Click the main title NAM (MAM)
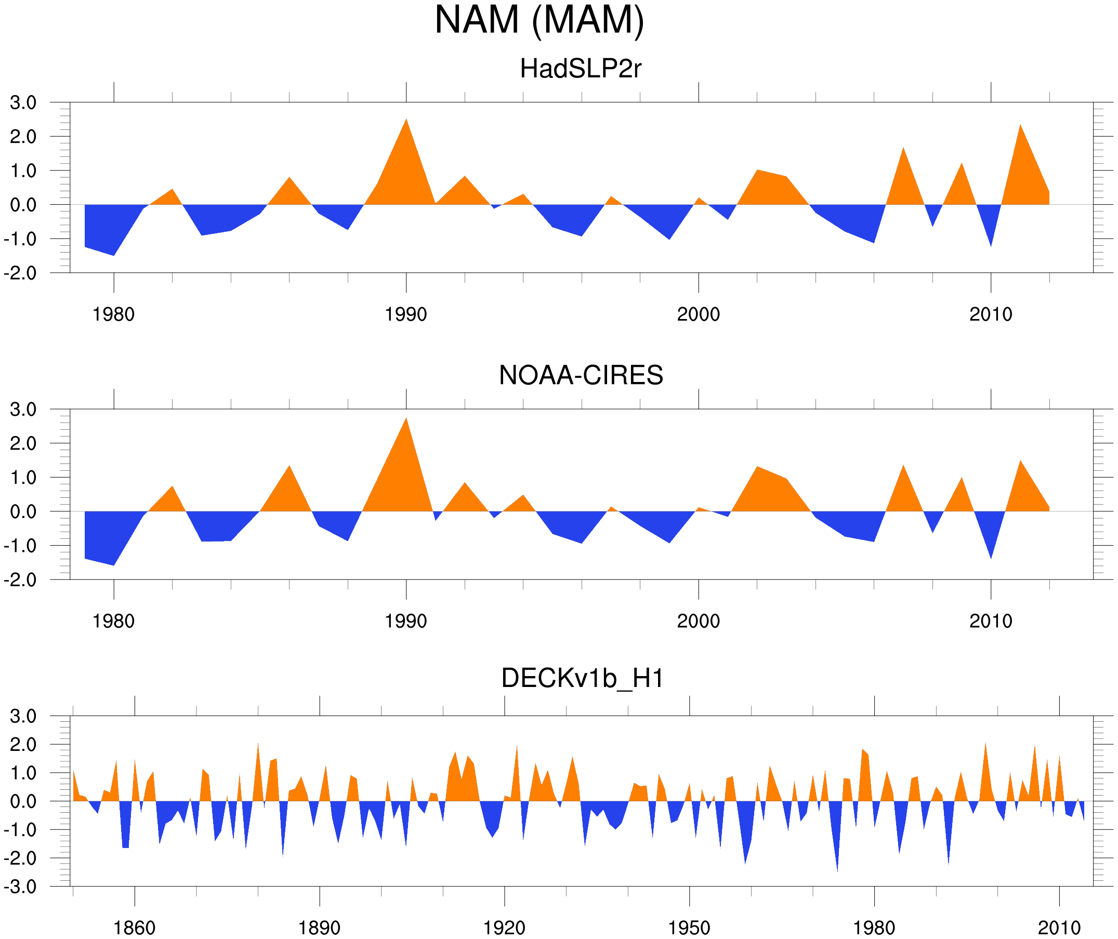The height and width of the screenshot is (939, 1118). [x=539, y=20]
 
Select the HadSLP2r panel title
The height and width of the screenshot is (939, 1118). [x=580, y=69]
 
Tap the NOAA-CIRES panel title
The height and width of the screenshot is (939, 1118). [x=581, y=375]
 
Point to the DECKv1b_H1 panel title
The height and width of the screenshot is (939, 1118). [x=583, y=678]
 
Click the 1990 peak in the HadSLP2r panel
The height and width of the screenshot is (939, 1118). [x=406, y=121]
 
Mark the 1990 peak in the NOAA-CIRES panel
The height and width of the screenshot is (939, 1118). [x=406, y=419]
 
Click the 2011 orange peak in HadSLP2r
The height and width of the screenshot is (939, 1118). [x=1020, y=126]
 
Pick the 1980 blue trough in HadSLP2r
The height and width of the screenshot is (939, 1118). [x=113, y=254]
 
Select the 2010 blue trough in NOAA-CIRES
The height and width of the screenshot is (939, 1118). [x=991, y=557]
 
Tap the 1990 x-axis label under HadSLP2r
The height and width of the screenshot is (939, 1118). [x=406, y=314]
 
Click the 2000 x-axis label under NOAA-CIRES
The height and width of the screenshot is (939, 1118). [x=698, y=621]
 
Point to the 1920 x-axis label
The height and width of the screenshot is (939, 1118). [x=504, y=928]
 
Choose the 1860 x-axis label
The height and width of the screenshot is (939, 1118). [x=134, y=928]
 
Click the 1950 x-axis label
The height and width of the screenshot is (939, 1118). [x=689, y=928]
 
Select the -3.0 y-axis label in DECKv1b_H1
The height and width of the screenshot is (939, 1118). [x=20, y=887]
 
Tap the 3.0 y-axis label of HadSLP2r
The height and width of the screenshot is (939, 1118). [x=23, y=103]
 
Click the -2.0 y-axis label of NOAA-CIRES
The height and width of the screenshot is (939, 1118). [x=20, y=580]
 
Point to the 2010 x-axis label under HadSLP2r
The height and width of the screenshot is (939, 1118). [x=990, y=314]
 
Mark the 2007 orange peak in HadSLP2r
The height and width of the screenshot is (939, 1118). [x=903, y=149]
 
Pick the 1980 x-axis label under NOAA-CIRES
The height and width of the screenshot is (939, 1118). [x=113, y=621]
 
